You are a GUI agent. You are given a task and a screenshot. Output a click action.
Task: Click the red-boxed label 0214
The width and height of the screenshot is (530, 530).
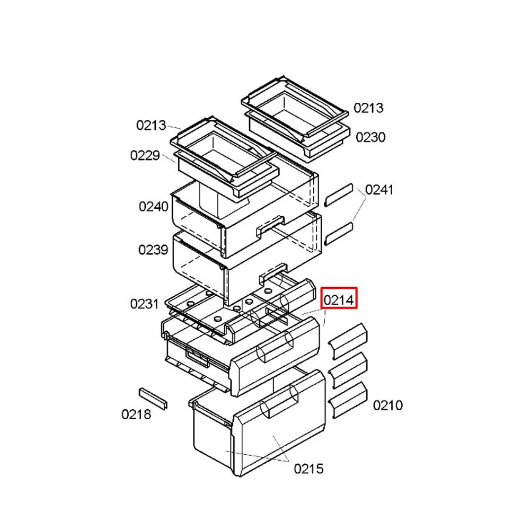339,299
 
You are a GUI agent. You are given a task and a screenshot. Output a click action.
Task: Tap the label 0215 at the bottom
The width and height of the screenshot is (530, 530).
308,469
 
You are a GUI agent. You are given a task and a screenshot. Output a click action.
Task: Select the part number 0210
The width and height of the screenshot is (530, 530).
388,405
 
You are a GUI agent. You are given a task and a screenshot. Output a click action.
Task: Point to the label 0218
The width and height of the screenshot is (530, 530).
136,414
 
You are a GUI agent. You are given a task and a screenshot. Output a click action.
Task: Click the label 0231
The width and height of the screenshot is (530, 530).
144,304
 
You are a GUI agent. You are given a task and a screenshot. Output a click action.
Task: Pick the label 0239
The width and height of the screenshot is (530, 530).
153,250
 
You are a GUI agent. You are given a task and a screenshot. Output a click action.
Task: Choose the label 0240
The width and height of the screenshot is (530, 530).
154,207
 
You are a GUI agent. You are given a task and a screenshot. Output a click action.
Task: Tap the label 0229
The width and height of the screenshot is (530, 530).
145,155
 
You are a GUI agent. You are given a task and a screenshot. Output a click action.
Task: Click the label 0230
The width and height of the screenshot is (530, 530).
370,137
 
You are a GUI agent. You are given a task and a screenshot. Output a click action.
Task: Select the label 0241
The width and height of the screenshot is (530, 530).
379,190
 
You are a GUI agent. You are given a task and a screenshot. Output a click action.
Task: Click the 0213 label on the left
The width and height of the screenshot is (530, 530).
151,126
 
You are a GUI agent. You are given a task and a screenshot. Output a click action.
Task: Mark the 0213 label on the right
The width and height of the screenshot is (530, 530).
368,108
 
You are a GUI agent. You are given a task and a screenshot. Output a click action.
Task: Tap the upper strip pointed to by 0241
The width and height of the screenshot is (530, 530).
338,195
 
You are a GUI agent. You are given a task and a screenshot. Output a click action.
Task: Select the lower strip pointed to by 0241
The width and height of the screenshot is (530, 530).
338,234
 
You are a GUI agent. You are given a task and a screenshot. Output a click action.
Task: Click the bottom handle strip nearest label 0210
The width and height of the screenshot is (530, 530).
348,400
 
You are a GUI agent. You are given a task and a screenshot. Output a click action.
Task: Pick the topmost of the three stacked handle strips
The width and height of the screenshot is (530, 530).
348,341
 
